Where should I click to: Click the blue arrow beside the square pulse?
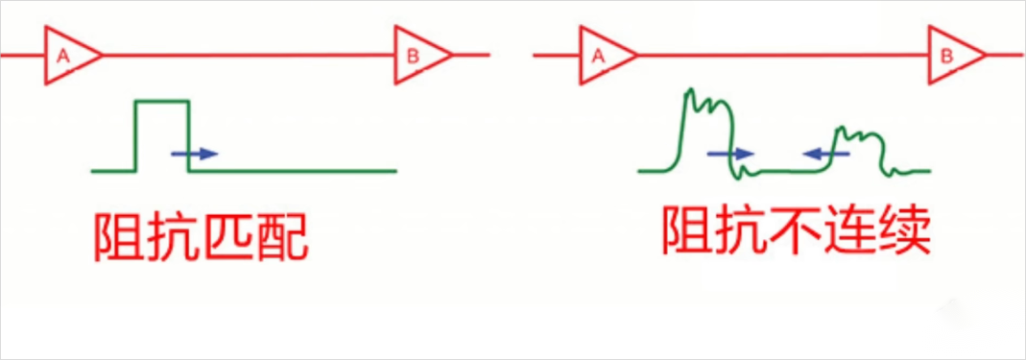(x=194, y=154)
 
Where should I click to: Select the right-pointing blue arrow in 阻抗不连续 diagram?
(x=731, y=154)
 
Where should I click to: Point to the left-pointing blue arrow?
(x=825, y=154)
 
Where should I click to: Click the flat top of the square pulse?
(x=162, y=102)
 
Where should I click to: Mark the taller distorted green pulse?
(x=707, y=134)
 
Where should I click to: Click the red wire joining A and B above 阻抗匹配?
(x=249, y=56)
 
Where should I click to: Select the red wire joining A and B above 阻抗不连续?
(x=783, y=56)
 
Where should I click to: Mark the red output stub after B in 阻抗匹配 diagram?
(x=470, y=56)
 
